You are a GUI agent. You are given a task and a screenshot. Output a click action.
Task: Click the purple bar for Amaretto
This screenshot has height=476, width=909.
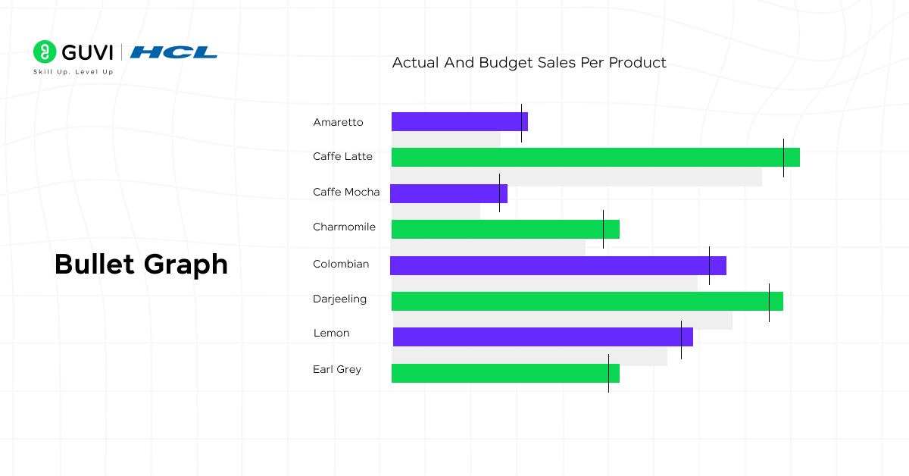tap(459, 121)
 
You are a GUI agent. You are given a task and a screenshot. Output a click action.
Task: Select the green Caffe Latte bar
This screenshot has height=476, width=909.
tap(595, 157)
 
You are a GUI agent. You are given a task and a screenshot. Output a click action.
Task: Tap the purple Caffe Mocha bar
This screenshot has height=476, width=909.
tap(448, 193)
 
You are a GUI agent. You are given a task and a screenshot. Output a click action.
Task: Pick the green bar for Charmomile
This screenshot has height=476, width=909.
tap(505, 229)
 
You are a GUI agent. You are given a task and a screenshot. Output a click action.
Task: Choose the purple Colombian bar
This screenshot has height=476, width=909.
tap(558, 265)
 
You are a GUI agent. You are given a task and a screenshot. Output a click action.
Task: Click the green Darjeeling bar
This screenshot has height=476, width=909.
tap(587, 301)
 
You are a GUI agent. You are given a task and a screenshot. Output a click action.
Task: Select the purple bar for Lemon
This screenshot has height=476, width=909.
tap(542, 337)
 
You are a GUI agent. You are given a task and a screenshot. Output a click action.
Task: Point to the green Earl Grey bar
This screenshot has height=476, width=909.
tap(505, 373)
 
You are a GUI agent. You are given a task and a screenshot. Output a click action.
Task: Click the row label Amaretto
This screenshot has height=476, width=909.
tap(338, 122)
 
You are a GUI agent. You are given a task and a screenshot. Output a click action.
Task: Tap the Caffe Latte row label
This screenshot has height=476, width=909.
tap(342, 157)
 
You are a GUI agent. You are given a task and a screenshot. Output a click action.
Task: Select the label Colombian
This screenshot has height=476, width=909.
tap(341, 264)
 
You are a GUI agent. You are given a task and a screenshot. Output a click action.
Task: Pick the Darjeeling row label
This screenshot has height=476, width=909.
tap(339, 299)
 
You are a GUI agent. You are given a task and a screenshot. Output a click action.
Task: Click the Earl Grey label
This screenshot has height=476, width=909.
tap(337, 370)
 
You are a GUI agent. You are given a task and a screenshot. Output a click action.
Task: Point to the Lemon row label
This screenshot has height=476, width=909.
tap(331, 334)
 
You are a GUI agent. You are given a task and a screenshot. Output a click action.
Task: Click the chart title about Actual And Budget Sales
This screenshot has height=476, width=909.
tap(529, 63)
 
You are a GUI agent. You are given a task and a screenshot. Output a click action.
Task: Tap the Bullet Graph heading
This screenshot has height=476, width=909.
tap(141, 265)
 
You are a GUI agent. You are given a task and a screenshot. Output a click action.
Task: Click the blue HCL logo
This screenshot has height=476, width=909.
tap(173, 52)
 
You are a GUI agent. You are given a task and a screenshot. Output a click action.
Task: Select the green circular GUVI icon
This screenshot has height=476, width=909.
tap(45, 52)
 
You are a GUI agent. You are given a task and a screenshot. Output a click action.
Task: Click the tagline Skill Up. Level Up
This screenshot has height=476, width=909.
tap(73, 72)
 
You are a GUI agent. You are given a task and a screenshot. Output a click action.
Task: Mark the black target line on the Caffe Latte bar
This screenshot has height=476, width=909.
tap(783, 158)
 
